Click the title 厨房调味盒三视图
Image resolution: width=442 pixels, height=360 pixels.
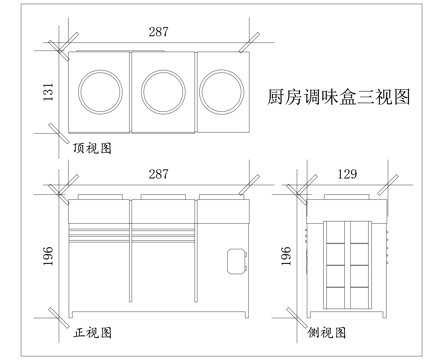[x=340, y=98]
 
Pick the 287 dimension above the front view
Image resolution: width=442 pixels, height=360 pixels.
[x=157, y=174]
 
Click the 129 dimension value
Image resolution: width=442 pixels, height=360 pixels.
[x=345, y=174]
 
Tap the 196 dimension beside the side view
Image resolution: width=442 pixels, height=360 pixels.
[x=290, y=256]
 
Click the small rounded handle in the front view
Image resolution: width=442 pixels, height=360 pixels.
[x=238, y=259]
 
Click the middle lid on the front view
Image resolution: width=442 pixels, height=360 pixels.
[x=162, y=197]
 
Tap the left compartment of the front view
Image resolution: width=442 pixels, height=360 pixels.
[x=99, y=270]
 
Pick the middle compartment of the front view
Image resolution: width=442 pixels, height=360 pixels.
[x=162, y=270]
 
